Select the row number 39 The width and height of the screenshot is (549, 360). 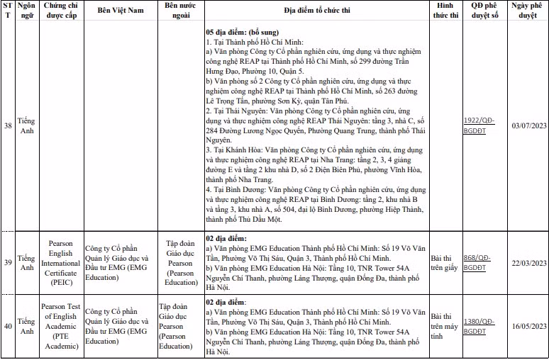[x=7, y=263]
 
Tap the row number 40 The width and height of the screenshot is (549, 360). [x=7, y=326]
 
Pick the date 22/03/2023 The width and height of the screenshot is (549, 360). [x=528, y=263]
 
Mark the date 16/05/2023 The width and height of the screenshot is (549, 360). [x=528, y=326]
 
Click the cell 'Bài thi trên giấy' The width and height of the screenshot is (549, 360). [x=444, y=263]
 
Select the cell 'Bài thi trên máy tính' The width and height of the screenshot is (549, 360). [x=444, y=326]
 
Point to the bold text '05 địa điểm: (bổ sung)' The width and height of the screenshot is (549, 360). [x=242, y=33]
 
